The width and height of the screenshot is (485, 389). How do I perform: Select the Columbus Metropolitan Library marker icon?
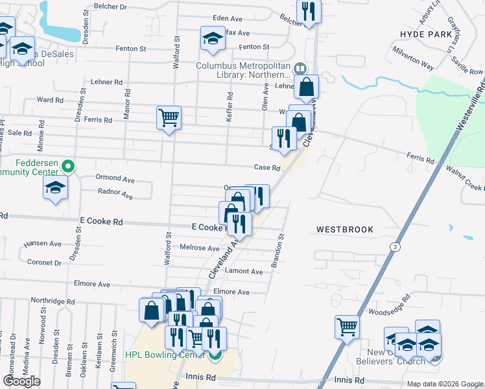click(300, 68)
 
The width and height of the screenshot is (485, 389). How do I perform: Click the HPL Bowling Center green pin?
click(215, 355)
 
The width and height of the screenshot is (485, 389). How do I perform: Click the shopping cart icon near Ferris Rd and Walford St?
click(169, 118)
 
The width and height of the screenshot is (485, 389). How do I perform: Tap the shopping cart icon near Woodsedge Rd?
click(347, 326)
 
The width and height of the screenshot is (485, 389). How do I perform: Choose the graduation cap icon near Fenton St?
click(211, 38)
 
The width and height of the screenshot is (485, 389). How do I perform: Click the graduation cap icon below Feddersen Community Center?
click(55, 188)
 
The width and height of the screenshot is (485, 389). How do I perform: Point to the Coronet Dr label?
click(44, 263)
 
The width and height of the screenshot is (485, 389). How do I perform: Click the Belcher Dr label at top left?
click(110, 6)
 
